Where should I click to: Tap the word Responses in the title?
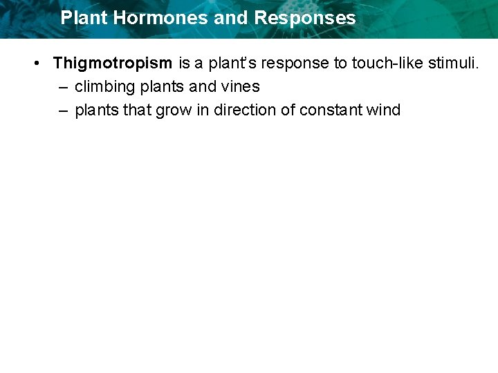[x=305, y=18]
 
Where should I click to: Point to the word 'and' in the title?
[x=230, y=18]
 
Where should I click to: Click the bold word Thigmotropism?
[x=113, y=64]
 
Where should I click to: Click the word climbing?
[x=104, y=87]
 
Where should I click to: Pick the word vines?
[x=240, y=87]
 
